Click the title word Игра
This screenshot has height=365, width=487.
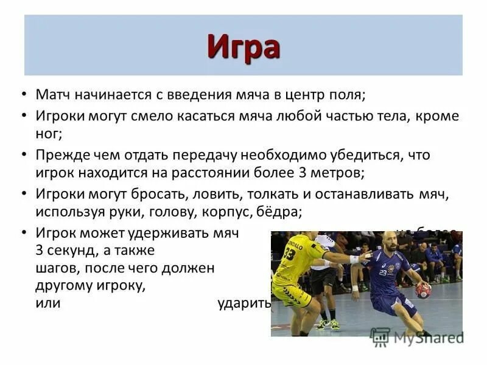pos(243,46)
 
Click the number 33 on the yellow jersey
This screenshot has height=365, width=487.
pos(289,254)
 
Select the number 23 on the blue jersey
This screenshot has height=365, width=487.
pos(383,273)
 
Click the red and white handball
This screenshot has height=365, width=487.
pos(423,290)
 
